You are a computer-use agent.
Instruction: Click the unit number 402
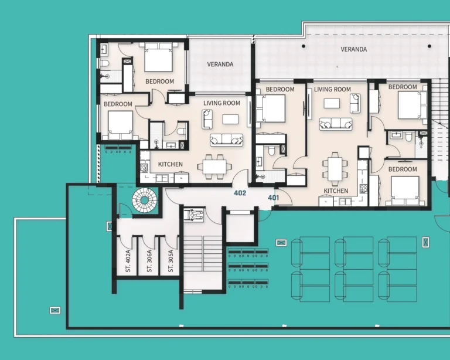(240, 193)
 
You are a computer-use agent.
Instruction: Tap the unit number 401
(273, 198)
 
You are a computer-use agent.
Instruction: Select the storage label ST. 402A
(128, 261)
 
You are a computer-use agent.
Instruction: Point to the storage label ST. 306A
(149, 261)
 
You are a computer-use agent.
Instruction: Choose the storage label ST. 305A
(171, 261)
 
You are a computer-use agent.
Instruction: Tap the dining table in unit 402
(214, 167)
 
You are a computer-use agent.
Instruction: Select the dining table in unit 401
(335, 169)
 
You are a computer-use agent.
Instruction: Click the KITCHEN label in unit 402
(170, 164)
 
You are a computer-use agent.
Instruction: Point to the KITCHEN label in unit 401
(336, 191)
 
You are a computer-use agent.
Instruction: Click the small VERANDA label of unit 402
(220, 64)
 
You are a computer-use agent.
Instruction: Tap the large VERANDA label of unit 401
(353, 49)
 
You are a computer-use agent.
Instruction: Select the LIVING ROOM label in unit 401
(332, 89)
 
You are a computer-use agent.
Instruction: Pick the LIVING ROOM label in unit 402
(221, 103)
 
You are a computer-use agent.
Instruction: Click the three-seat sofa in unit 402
(226, 140)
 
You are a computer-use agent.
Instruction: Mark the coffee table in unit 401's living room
(332, 103)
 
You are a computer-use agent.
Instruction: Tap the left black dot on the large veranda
(304, 46)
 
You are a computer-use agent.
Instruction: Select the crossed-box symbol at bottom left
(55, 310)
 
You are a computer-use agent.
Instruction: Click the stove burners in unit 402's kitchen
(144, 168)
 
